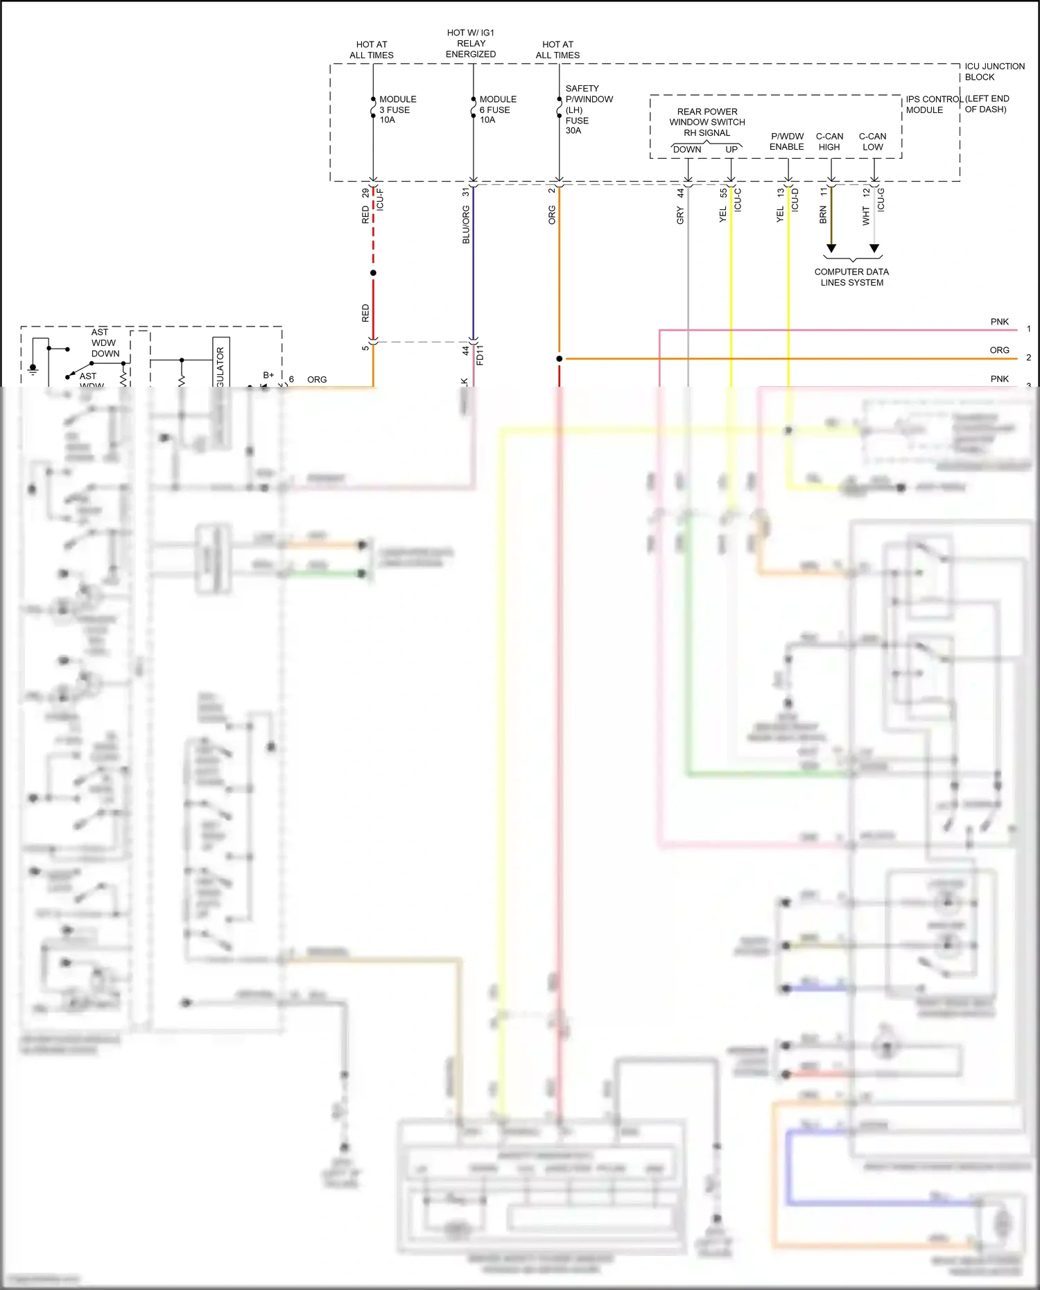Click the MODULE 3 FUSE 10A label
(397, 110)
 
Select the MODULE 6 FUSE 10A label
(497, 110)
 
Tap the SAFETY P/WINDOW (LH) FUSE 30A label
(588, 110)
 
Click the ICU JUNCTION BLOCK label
(994, 71)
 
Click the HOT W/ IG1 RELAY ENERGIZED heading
(471, 43)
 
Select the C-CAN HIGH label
(829, 141)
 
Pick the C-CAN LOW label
(872, 141)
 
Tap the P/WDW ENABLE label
(787, 141)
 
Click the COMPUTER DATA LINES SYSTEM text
(851, 277)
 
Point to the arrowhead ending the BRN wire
(831, 248)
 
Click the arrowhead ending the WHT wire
(874, 248)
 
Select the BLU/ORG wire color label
(466, 225)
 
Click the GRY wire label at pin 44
(680, 216)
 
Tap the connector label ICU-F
(380, 200)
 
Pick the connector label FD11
(480, 354)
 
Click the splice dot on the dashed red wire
(373, 273)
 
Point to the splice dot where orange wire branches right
(559, 358)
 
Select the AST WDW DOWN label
(105, 342)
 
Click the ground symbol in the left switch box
(33, 369)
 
